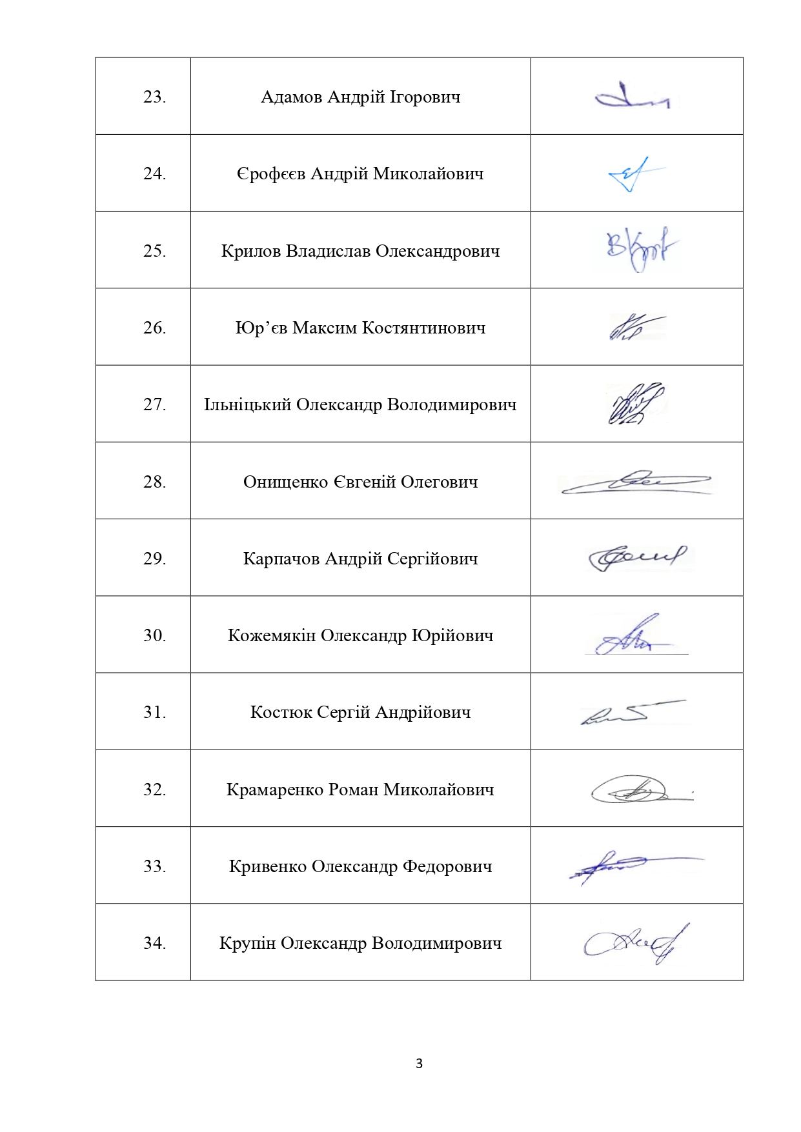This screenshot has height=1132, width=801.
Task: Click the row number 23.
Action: point(154,97)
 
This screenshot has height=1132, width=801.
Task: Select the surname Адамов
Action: point(291,97)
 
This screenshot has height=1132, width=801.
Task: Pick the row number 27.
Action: point(154,404)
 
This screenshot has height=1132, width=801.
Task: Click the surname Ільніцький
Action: point(247,405)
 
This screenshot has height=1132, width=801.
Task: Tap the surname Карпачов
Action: point(281,559)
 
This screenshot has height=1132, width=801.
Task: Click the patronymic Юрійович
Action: point(452,635)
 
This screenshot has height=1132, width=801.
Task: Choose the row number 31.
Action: point(154,712)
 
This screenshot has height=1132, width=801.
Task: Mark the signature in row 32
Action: point(639,790)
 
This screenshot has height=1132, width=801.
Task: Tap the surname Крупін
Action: point(247,943)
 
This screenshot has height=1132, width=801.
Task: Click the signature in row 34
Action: point(636,944)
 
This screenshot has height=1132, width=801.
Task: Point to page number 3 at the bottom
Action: point(419,1064)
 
